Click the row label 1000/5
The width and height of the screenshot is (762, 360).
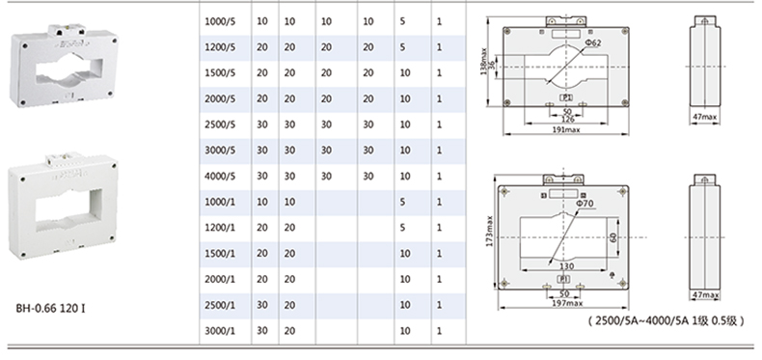point(220,22)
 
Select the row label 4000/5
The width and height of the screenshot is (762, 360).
point(220,176)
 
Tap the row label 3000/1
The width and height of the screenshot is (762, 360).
point(220,331)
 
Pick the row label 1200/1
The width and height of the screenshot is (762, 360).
point(220,228)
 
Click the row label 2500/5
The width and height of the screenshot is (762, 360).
point(220,125)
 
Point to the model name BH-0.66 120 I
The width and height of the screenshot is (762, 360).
point(50,309)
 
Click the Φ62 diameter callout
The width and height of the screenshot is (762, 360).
point(593,42)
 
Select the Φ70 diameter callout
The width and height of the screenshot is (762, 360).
point(585,204)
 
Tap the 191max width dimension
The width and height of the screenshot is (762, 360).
point(566,130)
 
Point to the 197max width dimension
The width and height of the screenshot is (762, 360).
point(563,304)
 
